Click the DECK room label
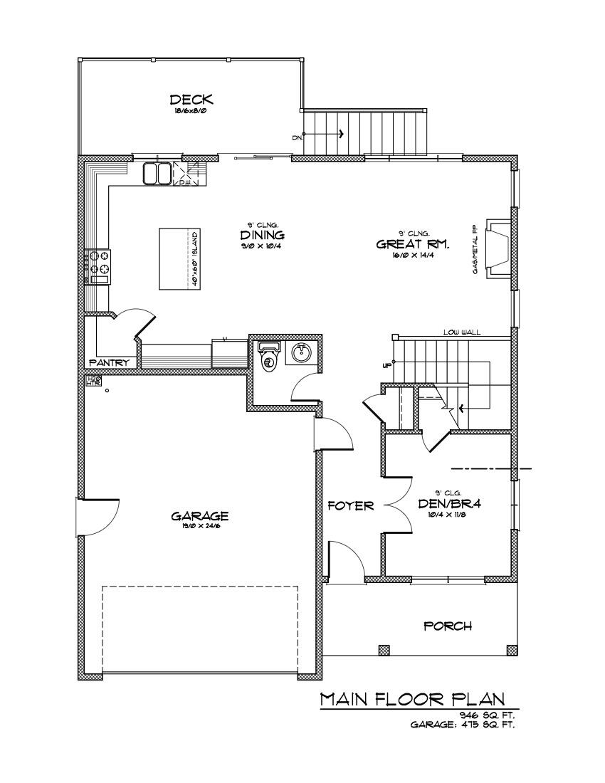(191, 100)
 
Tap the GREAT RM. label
(412, 244)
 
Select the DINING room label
(262, 235)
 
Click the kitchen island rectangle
(178, 259)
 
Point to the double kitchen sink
(157, 173)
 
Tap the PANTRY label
(110, 362)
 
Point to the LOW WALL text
(461, 332)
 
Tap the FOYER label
(351, 505)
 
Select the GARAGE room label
(199, 515)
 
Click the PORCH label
(447, 626)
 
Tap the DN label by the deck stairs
(296, 137)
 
